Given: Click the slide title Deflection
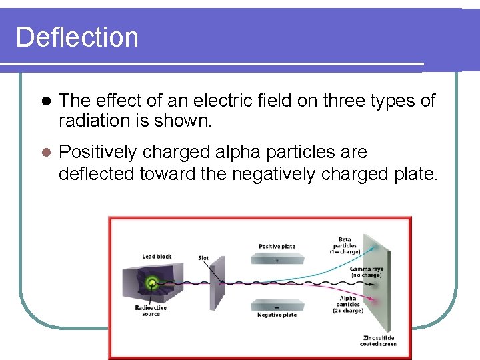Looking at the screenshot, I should [77, 37].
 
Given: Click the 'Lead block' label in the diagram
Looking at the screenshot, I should [157, 257].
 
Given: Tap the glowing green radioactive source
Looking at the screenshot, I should [153, 283].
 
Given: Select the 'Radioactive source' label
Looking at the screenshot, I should [151, 311].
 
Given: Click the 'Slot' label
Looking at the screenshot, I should [203, 258].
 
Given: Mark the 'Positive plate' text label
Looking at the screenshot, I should [277, 247].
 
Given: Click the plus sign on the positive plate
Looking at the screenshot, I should [277, 261].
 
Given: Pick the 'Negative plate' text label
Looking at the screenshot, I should [277, 315].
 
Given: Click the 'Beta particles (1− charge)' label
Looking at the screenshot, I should [345, 245].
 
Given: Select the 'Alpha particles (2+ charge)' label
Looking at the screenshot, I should [348, 305].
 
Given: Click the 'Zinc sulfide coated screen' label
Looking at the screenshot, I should [379, 340].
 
